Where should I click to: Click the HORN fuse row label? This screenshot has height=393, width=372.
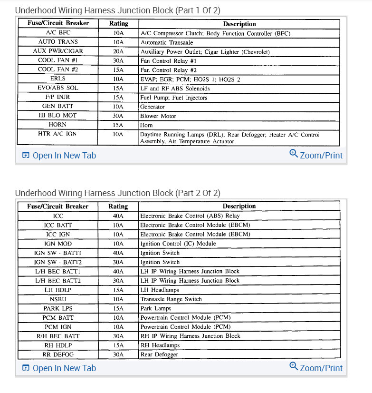(57, 125)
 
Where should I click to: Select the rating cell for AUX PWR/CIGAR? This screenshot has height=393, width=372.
(118, 51)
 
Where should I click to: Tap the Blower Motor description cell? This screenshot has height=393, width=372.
(158, 116)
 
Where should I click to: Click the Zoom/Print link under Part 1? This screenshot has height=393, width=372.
(316, 155)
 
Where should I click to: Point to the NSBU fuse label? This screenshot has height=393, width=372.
(57, 299)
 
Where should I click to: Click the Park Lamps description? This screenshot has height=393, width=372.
(156, 308)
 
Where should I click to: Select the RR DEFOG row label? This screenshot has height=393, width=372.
(57, 354)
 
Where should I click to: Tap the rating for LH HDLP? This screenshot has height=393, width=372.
(118, 290)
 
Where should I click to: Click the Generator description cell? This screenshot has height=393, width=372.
(153, 107)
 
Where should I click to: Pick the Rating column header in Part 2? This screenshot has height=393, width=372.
(118, 206)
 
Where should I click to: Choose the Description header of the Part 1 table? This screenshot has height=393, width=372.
(239, 24)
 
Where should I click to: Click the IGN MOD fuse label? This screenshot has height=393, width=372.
(57, 244)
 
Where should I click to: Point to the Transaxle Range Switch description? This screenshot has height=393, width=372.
(171, 299)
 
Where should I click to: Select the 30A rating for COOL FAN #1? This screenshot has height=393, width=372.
(118, 61)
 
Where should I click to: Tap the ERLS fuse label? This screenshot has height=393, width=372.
(57, 79)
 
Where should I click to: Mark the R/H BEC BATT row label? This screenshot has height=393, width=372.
(57, 336)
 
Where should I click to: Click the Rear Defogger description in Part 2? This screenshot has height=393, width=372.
(159, 354)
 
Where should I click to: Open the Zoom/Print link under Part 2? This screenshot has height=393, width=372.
(316, 368)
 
